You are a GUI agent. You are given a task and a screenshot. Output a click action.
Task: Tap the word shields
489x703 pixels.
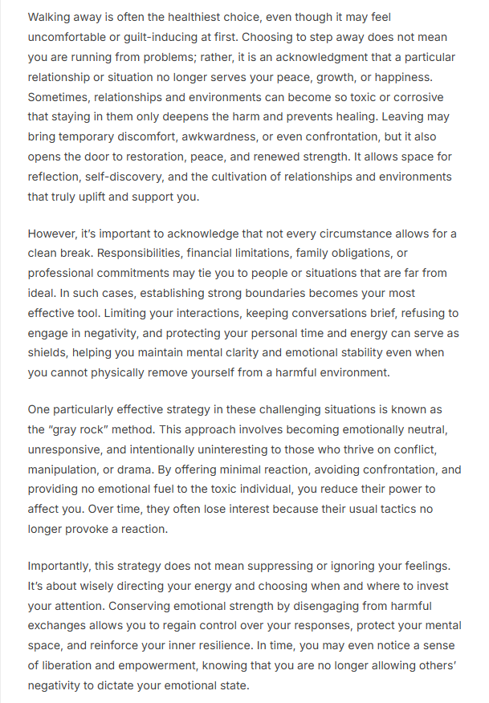50,353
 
